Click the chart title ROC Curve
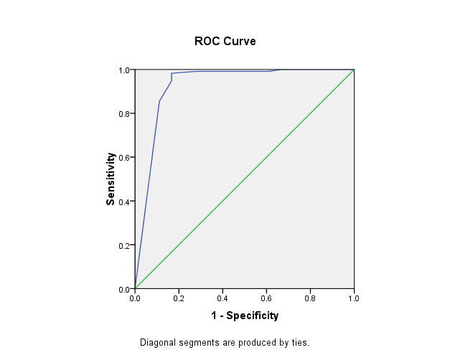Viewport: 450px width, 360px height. point(225,42)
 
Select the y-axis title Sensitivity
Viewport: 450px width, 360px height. point(111,179)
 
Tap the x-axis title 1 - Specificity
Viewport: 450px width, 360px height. point(244,315)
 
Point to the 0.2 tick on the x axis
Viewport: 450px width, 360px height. point(179,297)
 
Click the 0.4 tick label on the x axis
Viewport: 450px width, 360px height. point(222,297)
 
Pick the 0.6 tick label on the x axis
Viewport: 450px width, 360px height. point(266,297)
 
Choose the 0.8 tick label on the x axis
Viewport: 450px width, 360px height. point(310,297)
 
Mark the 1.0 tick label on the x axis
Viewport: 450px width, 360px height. point(354,297)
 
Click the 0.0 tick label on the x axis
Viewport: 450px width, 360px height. point(135,297)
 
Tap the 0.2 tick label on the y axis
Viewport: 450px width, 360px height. point(124,245)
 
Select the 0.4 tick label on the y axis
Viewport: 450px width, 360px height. point(124,202)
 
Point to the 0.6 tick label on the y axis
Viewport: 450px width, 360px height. point(124,158)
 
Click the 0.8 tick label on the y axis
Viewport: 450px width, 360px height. point(124,114)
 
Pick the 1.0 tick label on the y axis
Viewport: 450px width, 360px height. point(124,70)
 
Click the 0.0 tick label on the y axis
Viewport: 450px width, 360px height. point(124,289)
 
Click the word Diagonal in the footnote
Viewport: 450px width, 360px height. point(157,343)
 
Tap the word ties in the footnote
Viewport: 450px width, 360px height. point(299,343)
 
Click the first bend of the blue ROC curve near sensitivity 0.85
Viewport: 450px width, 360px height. point(159,101)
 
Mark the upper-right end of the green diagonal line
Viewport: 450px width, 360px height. point(354,70)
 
